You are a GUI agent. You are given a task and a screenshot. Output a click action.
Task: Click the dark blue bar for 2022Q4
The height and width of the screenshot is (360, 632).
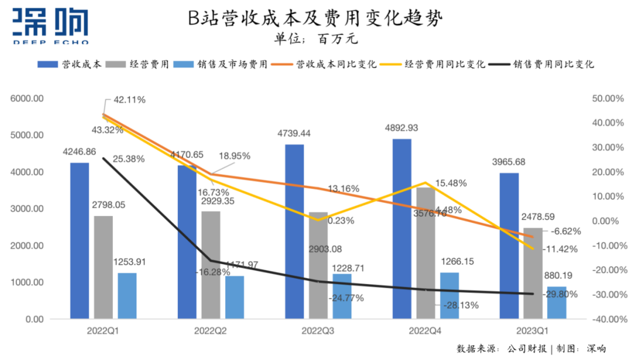402,234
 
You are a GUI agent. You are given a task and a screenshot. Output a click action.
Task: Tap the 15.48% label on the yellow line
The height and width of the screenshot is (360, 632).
450,183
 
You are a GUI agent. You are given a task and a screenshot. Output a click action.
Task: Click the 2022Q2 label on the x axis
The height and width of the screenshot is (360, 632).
211,331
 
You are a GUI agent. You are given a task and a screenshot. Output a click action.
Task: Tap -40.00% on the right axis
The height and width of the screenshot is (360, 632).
603,320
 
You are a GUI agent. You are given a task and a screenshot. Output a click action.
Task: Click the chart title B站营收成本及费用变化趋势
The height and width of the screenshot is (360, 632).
315,19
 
